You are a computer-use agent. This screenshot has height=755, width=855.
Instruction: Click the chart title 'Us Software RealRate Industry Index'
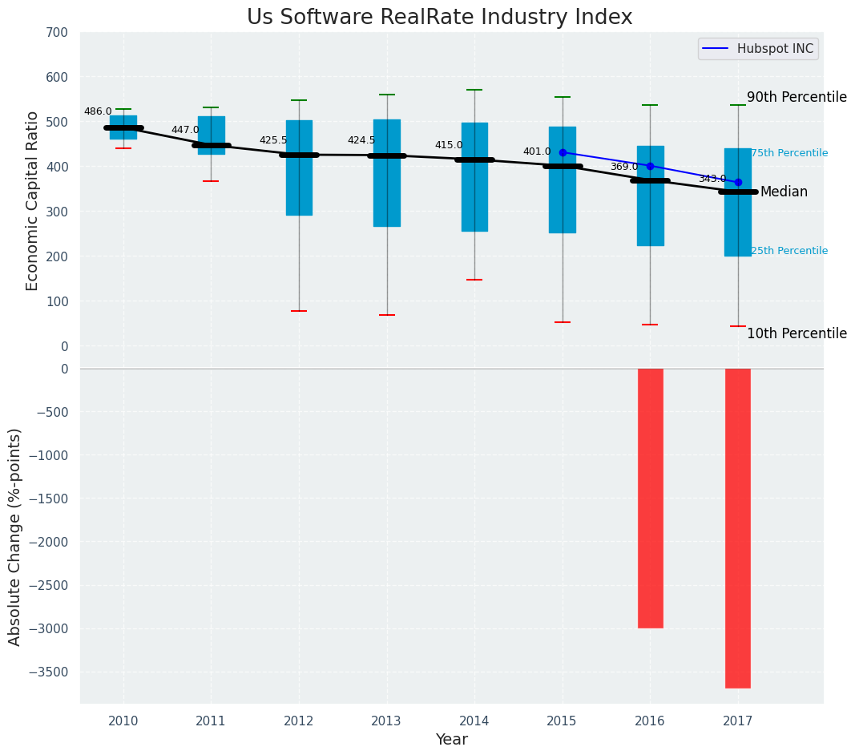(439, 18)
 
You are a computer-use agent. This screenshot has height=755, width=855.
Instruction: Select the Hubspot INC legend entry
(758, 49)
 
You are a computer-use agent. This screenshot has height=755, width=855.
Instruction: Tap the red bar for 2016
(650, 498)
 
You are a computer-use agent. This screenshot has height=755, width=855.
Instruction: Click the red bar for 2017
(738, 528)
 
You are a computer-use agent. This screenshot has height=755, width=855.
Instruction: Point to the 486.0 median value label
(98, 112)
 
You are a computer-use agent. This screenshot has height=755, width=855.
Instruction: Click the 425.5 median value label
(273, 140)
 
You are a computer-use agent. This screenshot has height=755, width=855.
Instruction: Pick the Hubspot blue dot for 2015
(563, 152)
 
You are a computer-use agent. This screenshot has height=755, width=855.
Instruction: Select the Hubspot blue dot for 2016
(650, 166)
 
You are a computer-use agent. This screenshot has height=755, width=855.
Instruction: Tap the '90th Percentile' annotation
(797, 97)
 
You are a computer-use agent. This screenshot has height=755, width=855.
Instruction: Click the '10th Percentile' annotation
(797, 333)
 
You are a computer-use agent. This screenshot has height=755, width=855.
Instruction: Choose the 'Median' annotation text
(784, 192)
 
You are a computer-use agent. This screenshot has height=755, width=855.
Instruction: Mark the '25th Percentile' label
(789, 251)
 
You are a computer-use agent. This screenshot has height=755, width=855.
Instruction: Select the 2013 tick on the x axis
(386, 721)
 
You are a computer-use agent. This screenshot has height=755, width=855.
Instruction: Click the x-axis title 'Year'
(451, 740)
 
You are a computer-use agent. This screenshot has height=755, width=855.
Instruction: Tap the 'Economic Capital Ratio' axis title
(33, 200)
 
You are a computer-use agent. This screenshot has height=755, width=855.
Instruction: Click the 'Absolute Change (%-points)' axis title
(15, 537)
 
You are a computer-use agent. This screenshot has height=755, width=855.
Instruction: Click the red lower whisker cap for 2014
(474, 280)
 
